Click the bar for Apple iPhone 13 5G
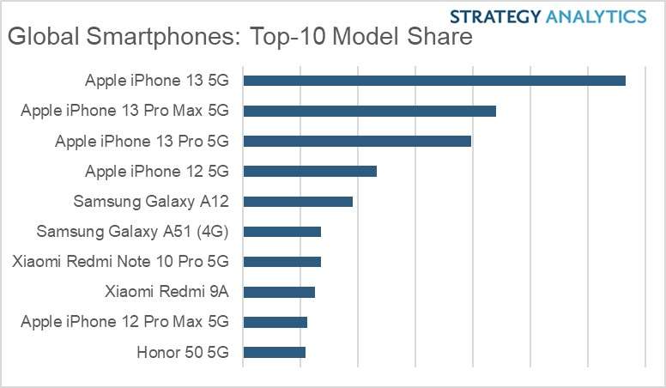[434, 81]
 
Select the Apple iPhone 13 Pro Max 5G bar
[370, 111]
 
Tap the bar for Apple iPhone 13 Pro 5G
[357, 141]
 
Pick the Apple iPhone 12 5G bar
[310, 171]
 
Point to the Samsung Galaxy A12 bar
[298, 202]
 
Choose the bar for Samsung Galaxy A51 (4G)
[282, 232]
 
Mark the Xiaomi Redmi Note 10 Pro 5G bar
[282, 262]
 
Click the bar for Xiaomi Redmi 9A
[279, 292]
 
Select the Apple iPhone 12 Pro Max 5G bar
[275, 322]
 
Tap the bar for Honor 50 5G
[275, 352]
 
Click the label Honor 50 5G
[183, 352]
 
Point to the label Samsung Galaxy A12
[151, 202]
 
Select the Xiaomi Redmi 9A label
[166, 292]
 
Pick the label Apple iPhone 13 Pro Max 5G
[125, 111]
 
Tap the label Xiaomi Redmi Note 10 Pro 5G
[121, 262]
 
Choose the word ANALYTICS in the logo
[594, 16]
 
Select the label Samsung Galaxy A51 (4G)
[133, 232]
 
